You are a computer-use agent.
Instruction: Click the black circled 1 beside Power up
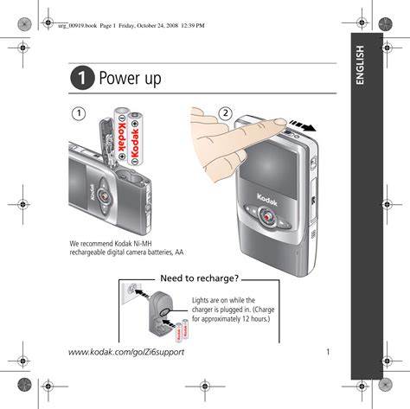click(82, 78)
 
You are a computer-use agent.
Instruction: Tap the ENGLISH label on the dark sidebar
click(360, 65)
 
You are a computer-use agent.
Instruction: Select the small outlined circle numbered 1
click(79, 113)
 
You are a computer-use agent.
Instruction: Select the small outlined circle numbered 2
click(225, 113)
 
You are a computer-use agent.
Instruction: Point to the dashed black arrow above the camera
click(303, 125)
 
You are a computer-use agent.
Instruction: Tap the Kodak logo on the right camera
click(267, 200)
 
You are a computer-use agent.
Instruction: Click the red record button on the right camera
click(268, 217)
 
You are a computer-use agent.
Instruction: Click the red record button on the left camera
click(104, 196)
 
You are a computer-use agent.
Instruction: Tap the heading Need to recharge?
click(200, 278)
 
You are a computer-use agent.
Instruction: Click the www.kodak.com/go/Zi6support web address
click(126, 352)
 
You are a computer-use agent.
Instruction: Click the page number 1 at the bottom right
click(328, 352)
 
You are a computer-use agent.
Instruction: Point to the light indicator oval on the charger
click(165, 311)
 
